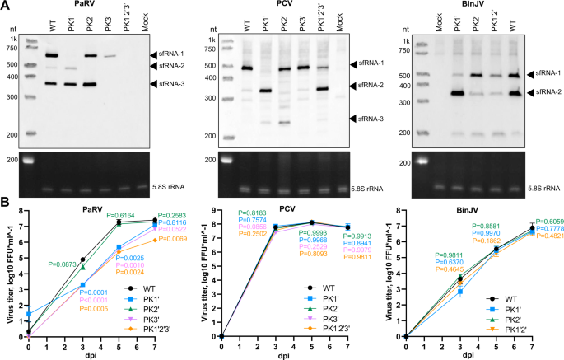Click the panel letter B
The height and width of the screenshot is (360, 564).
coord(6,200)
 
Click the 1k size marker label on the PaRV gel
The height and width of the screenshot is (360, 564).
coord(13,39)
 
